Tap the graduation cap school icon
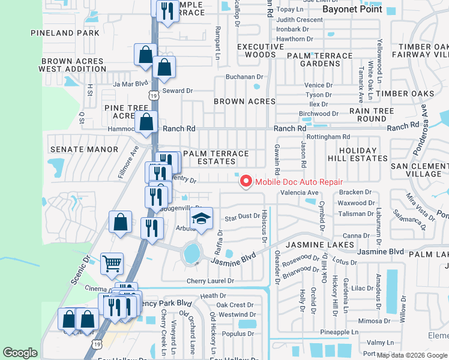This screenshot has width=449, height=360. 202,219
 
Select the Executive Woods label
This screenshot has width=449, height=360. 260,50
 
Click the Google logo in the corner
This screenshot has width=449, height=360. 20,353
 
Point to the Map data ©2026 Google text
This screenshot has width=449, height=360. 411,355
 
